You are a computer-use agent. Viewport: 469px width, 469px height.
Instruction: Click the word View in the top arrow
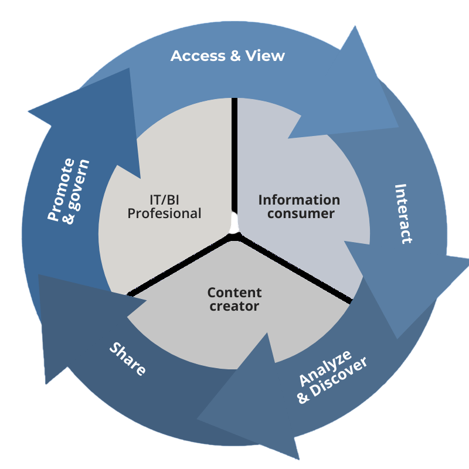(x=264, y=56)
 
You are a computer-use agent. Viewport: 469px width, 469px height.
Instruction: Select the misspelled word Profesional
(x=164, y=213)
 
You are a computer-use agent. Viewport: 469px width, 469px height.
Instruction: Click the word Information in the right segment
(x=299, y=200)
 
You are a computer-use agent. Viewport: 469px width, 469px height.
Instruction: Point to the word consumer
(x=301, y=213)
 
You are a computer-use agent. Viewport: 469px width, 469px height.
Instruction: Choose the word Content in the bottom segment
(x=235, y=292)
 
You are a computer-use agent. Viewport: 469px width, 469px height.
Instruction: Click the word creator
(x=234, y=305)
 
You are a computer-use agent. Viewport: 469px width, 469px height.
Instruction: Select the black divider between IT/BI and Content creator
(x=176, y=266)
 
